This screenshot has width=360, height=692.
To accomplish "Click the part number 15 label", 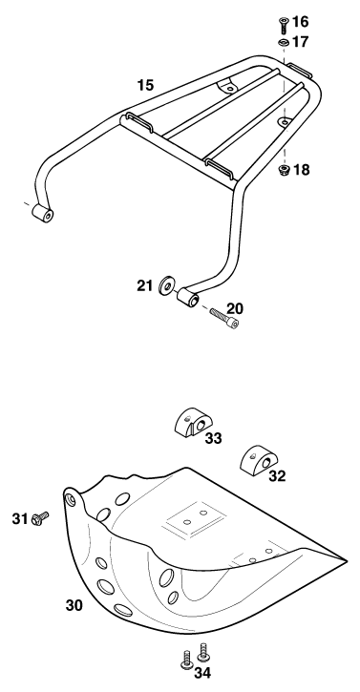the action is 145,85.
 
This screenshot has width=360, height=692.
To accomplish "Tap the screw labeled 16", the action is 284,25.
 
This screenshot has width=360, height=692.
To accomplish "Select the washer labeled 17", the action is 284,43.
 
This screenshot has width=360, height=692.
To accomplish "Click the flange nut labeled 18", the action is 284,170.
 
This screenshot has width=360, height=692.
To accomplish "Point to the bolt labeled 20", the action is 224,318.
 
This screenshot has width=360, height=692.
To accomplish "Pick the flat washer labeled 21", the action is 167,285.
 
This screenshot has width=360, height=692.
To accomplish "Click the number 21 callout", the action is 144,286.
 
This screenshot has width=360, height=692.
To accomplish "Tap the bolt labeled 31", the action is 40,517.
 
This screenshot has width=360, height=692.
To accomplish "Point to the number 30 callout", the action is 74,605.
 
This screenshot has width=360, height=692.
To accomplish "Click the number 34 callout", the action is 202,673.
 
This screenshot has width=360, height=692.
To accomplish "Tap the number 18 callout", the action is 301,170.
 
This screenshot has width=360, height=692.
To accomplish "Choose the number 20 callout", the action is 235,308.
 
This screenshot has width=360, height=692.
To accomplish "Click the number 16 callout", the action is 301,21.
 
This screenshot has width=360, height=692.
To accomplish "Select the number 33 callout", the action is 213,438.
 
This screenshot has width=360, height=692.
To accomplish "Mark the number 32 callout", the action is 277,476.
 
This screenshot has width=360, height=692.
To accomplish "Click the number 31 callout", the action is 20,519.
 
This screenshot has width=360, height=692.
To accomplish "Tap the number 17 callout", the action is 301,42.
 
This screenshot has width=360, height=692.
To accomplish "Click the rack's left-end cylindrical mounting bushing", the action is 43,213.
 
